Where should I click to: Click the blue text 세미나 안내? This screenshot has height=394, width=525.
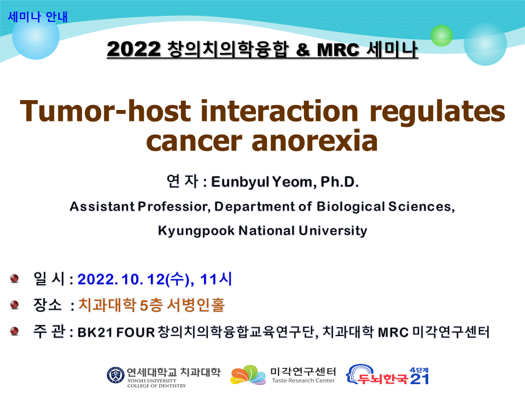38,17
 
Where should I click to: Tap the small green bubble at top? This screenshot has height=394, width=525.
441,35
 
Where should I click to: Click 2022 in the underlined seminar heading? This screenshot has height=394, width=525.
133,49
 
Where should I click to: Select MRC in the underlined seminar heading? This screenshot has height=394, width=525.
338,50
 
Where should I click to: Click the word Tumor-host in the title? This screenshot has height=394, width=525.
105,111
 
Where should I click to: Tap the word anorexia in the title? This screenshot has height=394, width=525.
314,141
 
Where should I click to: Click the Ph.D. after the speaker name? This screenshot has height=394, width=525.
340,182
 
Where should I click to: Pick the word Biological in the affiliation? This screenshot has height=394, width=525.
351,207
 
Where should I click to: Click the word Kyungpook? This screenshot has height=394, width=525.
196,231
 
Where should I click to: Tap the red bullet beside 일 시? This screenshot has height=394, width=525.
14,279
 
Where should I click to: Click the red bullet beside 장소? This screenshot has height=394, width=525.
14,305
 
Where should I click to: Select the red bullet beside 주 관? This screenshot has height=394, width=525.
14,332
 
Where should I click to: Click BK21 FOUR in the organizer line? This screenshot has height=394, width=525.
116,332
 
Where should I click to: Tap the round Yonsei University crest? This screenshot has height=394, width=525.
115,375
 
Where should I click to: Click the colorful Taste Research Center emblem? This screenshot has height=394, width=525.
248,375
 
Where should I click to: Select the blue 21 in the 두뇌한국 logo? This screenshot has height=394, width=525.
419,379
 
